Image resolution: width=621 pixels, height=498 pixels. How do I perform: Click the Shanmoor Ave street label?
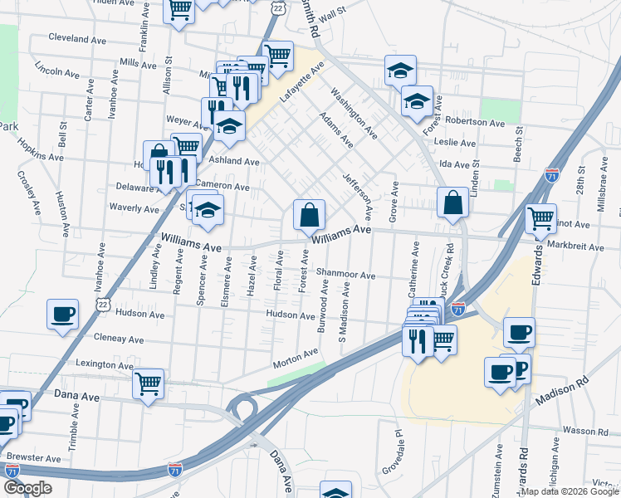(345, 276)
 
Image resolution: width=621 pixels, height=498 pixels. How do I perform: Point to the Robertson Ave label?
(474, 122)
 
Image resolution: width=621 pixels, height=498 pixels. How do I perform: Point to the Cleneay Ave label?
(119, 339)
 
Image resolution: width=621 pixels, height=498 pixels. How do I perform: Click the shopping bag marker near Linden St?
(452, 203)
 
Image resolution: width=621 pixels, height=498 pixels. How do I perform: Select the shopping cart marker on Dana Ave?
(148, 383)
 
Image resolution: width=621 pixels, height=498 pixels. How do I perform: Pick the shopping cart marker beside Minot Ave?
(541, 218)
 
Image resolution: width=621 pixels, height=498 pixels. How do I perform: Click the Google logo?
(27, 488)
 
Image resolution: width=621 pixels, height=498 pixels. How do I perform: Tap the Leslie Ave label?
(455, 143)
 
